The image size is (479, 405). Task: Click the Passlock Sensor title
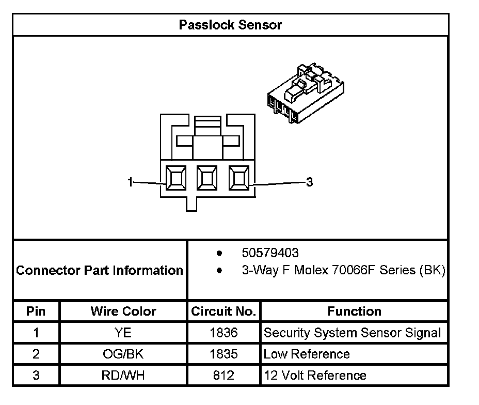pyautogui.click(x=230, y=25)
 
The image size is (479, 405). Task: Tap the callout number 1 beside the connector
pyautogui.click(x=131, y=182)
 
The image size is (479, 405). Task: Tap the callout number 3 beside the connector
pyautogui.click(x=309, y=182)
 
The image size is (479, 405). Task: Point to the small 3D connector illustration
pyautogui.click(x=305, y=95)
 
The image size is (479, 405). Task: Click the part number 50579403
pyautogui.click(x=270, y=253)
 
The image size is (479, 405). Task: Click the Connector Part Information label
pyautogui.click(x=100, y=270)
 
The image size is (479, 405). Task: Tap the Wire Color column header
pyautogui.click(x=123, y=311)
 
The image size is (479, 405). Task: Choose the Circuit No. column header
pyautogui.click(x=223, y=311)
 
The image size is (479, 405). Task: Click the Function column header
pyautogui.click(x=354, y=311)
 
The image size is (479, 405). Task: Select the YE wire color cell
pyautogui.click(x=123, y=333)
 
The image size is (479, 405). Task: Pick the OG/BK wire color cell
pyautogui.click(x=123, y=354)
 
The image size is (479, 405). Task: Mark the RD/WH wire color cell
pyautogui.click(x=123, y=376)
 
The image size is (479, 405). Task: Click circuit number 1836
pyautogui.click(x=223, y=333)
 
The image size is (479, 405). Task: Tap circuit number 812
pyautogui.click(x=223, y=376)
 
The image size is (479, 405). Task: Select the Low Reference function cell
pyautogui.click(x=307, y=354)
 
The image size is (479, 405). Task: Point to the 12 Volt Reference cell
pyautogui.click(x=315, y=376)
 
